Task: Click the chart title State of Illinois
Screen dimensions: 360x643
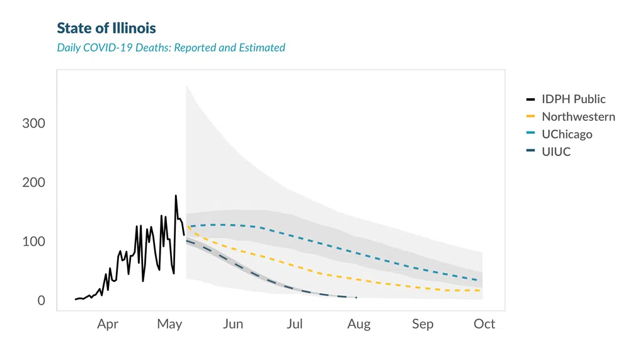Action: point(106,28)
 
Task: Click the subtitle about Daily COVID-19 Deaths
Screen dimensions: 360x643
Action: point(171,48)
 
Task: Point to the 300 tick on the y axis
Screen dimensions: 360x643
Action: point(33,123)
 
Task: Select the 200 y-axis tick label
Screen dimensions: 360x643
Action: point(33,183)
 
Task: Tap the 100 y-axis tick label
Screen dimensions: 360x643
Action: point(33,242)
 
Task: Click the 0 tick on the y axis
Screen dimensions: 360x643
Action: point(41,301)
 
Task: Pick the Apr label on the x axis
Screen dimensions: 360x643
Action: point(108,324)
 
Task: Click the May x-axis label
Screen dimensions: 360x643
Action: point(169,324)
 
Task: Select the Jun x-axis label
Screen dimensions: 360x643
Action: point(232,324)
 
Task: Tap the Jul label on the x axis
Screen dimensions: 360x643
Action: point(294,324)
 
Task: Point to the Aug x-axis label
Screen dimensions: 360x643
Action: point(358,324)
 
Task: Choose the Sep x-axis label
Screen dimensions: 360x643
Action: point(423,324)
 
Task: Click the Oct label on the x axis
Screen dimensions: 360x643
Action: point(484,324)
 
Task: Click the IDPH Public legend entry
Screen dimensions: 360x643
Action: point(573,99)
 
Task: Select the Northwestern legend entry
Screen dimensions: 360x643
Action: point(578,117)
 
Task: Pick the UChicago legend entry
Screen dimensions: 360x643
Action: point(567,135)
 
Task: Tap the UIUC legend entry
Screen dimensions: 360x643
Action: point(556,152)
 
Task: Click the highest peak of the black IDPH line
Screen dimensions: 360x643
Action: point(176,196)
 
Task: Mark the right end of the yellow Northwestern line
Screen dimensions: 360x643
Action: point(481,290)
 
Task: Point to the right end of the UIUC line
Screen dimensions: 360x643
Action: point(356,298)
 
